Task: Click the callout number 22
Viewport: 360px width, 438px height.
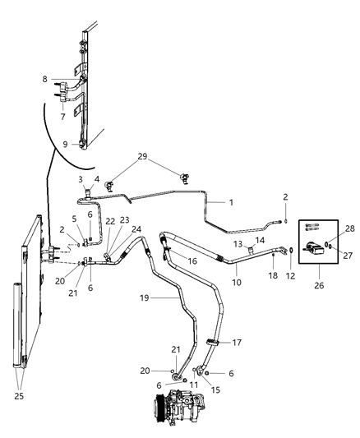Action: click(x=110, y=222)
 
